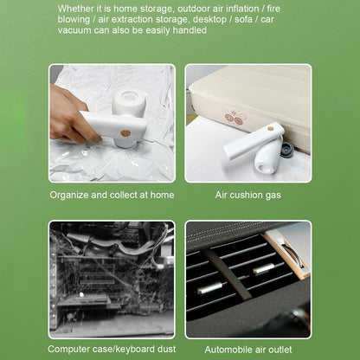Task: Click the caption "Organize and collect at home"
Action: point(112,195)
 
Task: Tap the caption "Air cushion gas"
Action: point(248,195)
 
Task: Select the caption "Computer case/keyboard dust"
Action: point(112,349)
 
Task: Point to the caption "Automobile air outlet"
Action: point(248,350)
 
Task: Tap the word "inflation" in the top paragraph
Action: point(242,9)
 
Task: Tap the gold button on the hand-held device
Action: point(125,133)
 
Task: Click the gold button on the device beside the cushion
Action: point(271,129)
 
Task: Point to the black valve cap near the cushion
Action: point(287,149)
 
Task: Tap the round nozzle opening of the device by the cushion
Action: point(265,167)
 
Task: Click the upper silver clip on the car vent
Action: point(264,268)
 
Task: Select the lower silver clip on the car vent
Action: point(210,288)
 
